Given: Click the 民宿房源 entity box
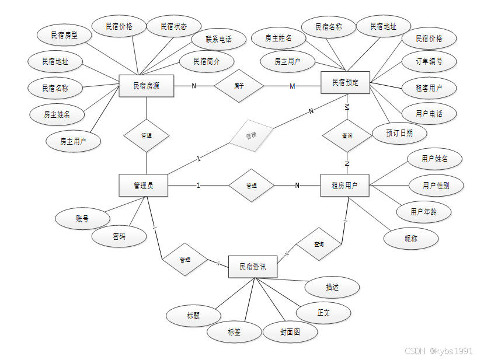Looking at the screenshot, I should point(146,86).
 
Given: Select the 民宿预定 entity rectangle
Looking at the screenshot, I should point(346,82).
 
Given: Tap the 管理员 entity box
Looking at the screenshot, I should point(144,186).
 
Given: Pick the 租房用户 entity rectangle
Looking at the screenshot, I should point(346,186).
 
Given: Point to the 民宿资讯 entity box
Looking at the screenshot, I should point(253,267).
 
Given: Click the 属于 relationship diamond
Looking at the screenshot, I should point(239,86).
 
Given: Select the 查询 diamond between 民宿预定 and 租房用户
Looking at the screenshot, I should point(347,135).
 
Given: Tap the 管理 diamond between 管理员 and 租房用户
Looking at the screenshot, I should point(251,186).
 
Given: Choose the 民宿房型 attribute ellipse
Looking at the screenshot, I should point(64,35).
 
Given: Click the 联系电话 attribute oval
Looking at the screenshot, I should point(218,40).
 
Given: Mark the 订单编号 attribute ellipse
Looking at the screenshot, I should point(429,61).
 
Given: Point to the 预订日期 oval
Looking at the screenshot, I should point(399,133).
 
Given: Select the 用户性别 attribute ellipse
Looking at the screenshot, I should point(436,186).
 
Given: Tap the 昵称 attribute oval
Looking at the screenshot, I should point(411,238).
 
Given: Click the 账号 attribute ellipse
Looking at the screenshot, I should point(82,219).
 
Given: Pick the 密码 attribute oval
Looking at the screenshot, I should point(119,236).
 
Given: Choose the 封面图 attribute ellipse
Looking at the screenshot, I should point(290,332).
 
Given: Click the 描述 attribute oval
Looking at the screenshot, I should point(332,287).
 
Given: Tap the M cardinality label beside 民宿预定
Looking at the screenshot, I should point(293,86).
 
